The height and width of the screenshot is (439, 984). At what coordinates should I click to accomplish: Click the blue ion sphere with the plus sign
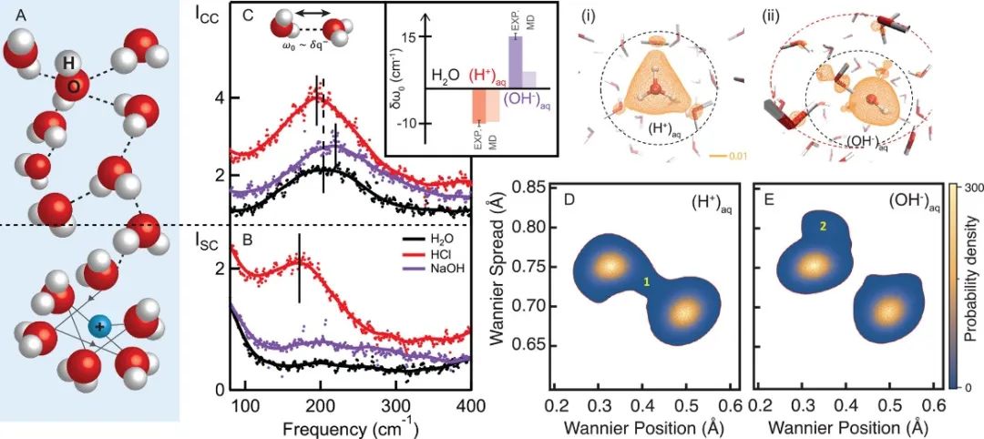98,326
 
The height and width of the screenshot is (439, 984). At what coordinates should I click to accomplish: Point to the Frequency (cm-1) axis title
352,424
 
